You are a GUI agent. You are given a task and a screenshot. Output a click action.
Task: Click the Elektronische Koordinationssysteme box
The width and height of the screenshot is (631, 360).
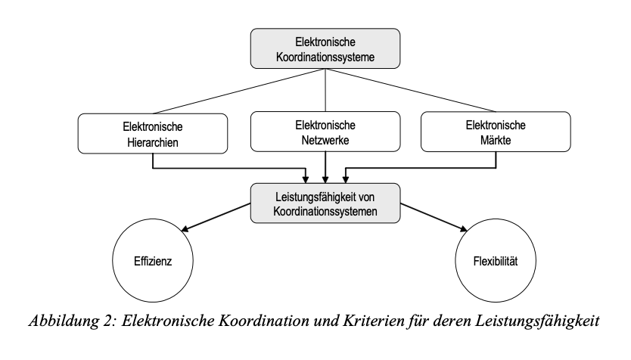[x=325, y=50]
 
